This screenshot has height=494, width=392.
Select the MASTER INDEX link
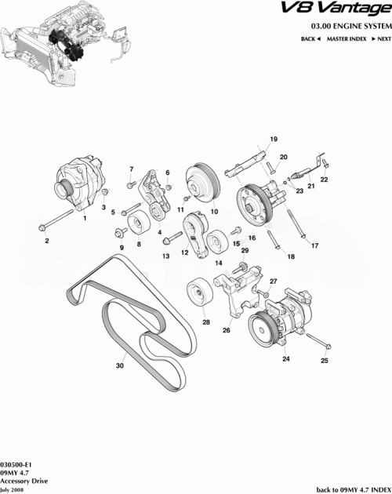347,38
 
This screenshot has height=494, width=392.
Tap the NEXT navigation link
382,38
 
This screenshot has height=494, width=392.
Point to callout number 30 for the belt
120,365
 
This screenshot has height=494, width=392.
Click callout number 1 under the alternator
85,219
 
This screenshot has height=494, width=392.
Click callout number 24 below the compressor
285,359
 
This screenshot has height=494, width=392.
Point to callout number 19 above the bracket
274,140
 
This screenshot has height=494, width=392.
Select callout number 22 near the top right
324,180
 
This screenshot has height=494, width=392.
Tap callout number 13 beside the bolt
166,256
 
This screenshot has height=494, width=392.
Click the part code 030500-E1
16,464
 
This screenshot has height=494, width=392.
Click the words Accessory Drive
19,481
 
